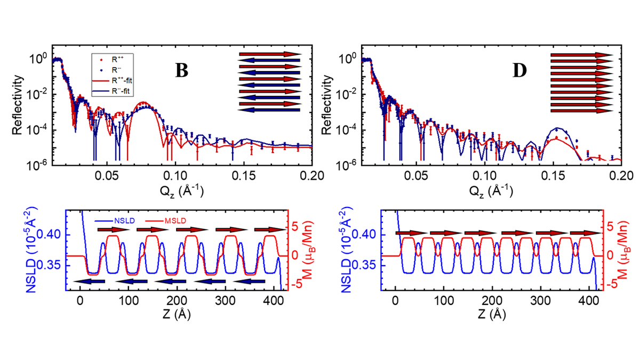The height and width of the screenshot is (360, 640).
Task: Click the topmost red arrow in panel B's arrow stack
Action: [269, 54]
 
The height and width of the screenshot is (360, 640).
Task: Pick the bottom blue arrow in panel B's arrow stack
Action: [269, 110]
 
